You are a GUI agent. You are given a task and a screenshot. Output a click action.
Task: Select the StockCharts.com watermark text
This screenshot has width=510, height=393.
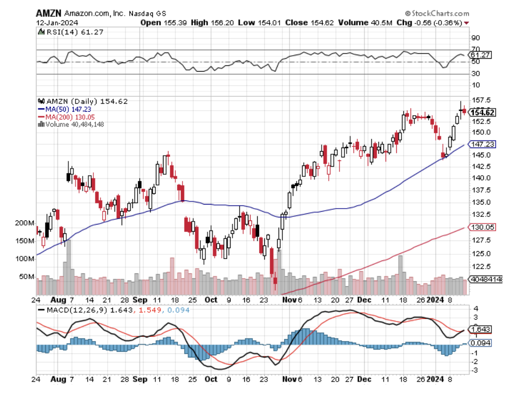tap(434, 13)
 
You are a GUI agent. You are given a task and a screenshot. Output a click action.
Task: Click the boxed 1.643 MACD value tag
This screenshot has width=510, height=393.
tap(480, 329)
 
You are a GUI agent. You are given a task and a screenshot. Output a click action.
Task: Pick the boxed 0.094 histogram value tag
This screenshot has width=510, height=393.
tap(480, 343)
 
